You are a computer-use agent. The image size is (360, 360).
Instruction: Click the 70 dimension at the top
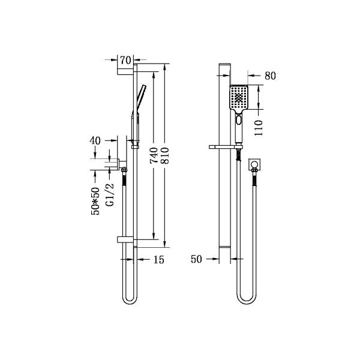click(125, 59)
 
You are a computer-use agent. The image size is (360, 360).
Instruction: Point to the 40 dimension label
click(94, 140)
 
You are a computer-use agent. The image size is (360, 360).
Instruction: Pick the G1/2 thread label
click(109, 195)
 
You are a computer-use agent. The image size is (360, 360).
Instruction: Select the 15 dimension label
click(158, 260)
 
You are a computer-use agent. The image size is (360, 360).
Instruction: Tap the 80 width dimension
click(269, 76)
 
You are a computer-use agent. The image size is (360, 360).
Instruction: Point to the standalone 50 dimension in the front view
click(196, 260)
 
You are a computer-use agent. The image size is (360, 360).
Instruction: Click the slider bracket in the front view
click(226, 146)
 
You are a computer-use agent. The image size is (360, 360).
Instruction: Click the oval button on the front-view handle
click(239, 120)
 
